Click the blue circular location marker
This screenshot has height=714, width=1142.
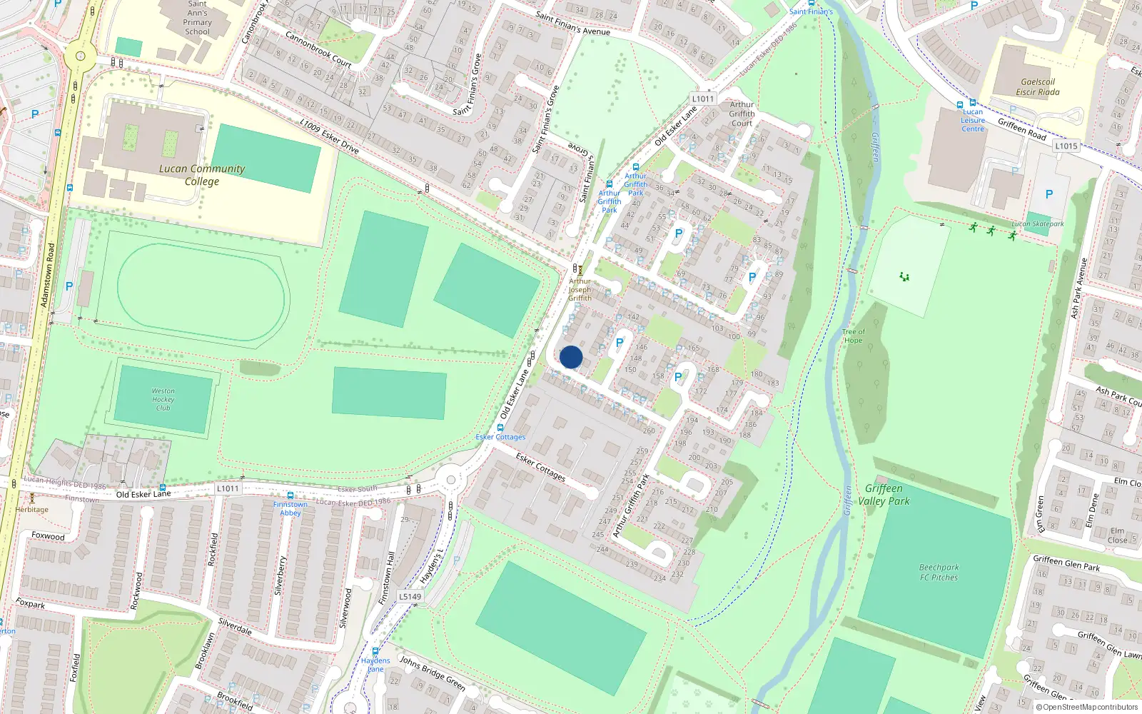point(571,357)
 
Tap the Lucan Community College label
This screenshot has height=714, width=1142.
point(202,175)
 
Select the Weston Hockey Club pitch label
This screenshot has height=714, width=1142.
point(163,400)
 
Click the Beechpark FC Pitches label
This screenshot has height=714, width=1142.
point(939,572)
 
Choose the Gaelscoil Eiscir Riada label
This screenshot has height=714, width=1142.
point(1038,87)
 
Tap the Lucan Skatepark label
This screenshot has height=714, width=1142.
point(1037,224)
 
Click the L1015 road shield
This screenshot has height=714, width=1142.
point(1066,146)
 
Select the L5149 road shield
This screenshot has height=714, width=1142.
point(410,597)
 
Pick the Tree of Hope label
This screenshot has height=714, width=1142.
point(853,336)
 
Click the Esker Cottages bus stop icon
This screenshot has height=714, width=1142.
point(500,428)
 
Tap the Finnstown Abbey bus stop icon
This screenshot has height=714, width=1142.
point(290,496)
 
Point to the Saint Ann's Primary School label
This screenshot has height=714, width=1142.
point(198,18)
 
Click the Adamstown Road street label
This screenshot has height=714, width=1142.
point(47,275)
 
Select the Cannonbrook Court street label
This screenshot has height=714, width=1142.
point(318,49)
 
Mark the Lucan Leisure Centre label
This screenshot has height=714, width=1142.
point(973,120)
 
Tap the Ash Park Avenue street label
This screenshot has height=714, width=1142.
point(1078,288)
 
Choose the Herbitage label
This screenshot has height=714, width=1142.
point(32,510)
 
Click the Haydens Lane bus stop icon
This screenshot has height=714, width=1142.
point(375,651)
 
